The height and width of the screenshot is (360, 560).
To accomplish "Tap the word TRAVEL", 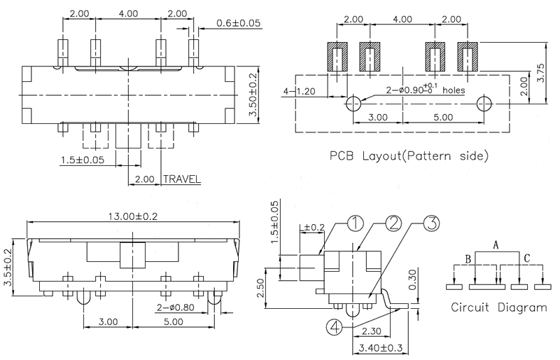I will coord(182,179).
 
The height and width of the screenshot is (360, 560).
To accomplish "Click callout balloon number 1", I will coord(356,224).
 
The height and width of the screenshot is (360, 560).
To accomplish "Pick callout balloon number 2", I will coord(393,224).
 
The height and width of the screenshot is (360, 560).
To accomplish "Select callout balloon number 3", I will coord(432,224).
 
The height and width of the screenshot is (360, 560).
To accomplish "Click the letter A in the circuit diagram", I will coord(495,245).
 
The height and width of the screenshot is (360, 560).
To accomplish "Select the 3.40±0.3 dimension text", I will coord(379,346).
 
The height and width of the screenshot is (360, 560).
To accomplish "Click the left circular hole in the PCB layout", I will coord(354,104).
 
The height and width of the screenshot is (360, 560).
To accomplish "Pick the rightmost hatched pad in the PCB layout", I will coord(467,55).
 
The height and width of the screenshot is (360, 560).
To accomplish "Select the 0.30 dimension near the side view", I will coord(414,278).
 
